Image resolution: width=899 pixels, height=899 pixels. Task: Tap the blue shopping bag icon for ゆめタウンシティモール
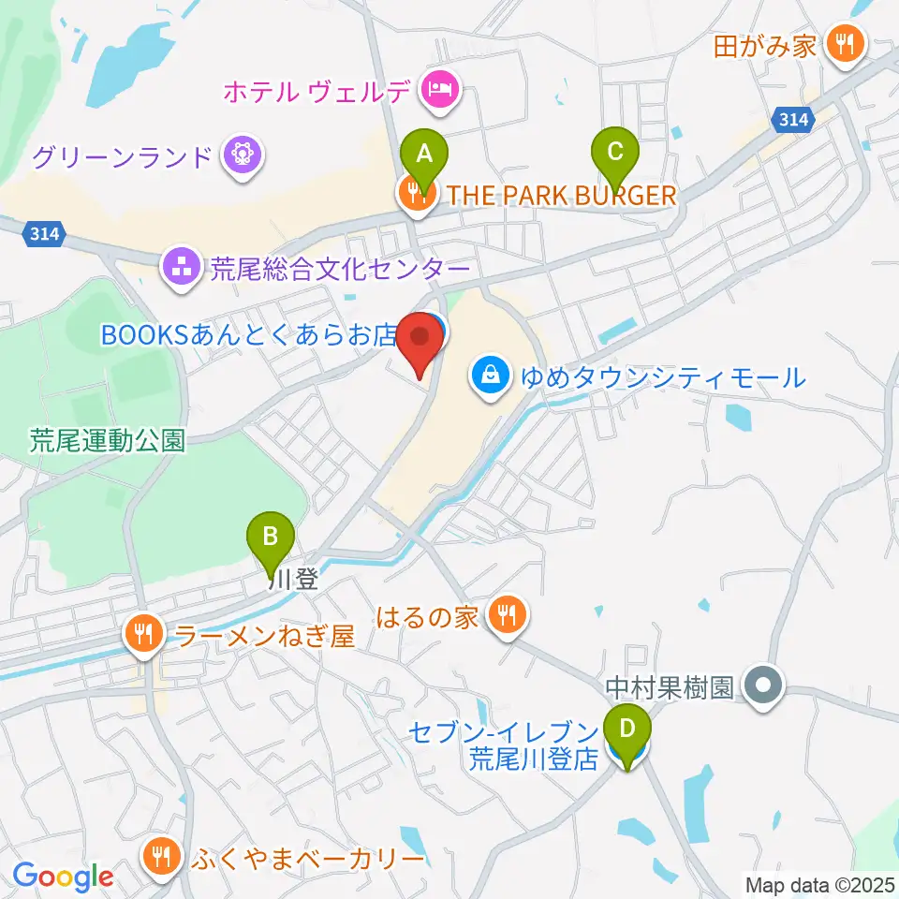[490, 377]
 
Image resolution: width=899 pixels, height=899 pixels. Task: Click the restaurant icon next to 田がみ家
[847, 44]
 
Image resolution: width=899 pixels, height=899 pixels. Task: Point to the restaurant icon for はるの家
[508, 615]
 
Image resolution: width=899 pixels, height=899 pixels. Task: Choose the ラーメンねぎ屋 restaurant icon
[143, 637]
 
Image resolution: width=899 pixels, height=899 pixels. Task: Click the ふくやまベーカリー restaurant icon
[162, 857]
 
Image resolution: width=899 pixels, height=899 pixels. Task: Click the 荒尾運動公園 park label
[107, 440]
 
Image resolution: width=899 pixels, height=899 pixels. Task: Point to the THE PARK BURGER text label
[561, 195]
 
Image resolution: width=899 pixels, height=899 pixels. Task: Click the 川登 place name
[293, 580]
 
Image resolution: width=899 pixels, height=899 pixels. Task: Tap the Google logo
[63, 876]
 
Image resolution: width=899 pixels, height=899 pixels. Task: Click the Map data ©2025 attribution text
[819, 883]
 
